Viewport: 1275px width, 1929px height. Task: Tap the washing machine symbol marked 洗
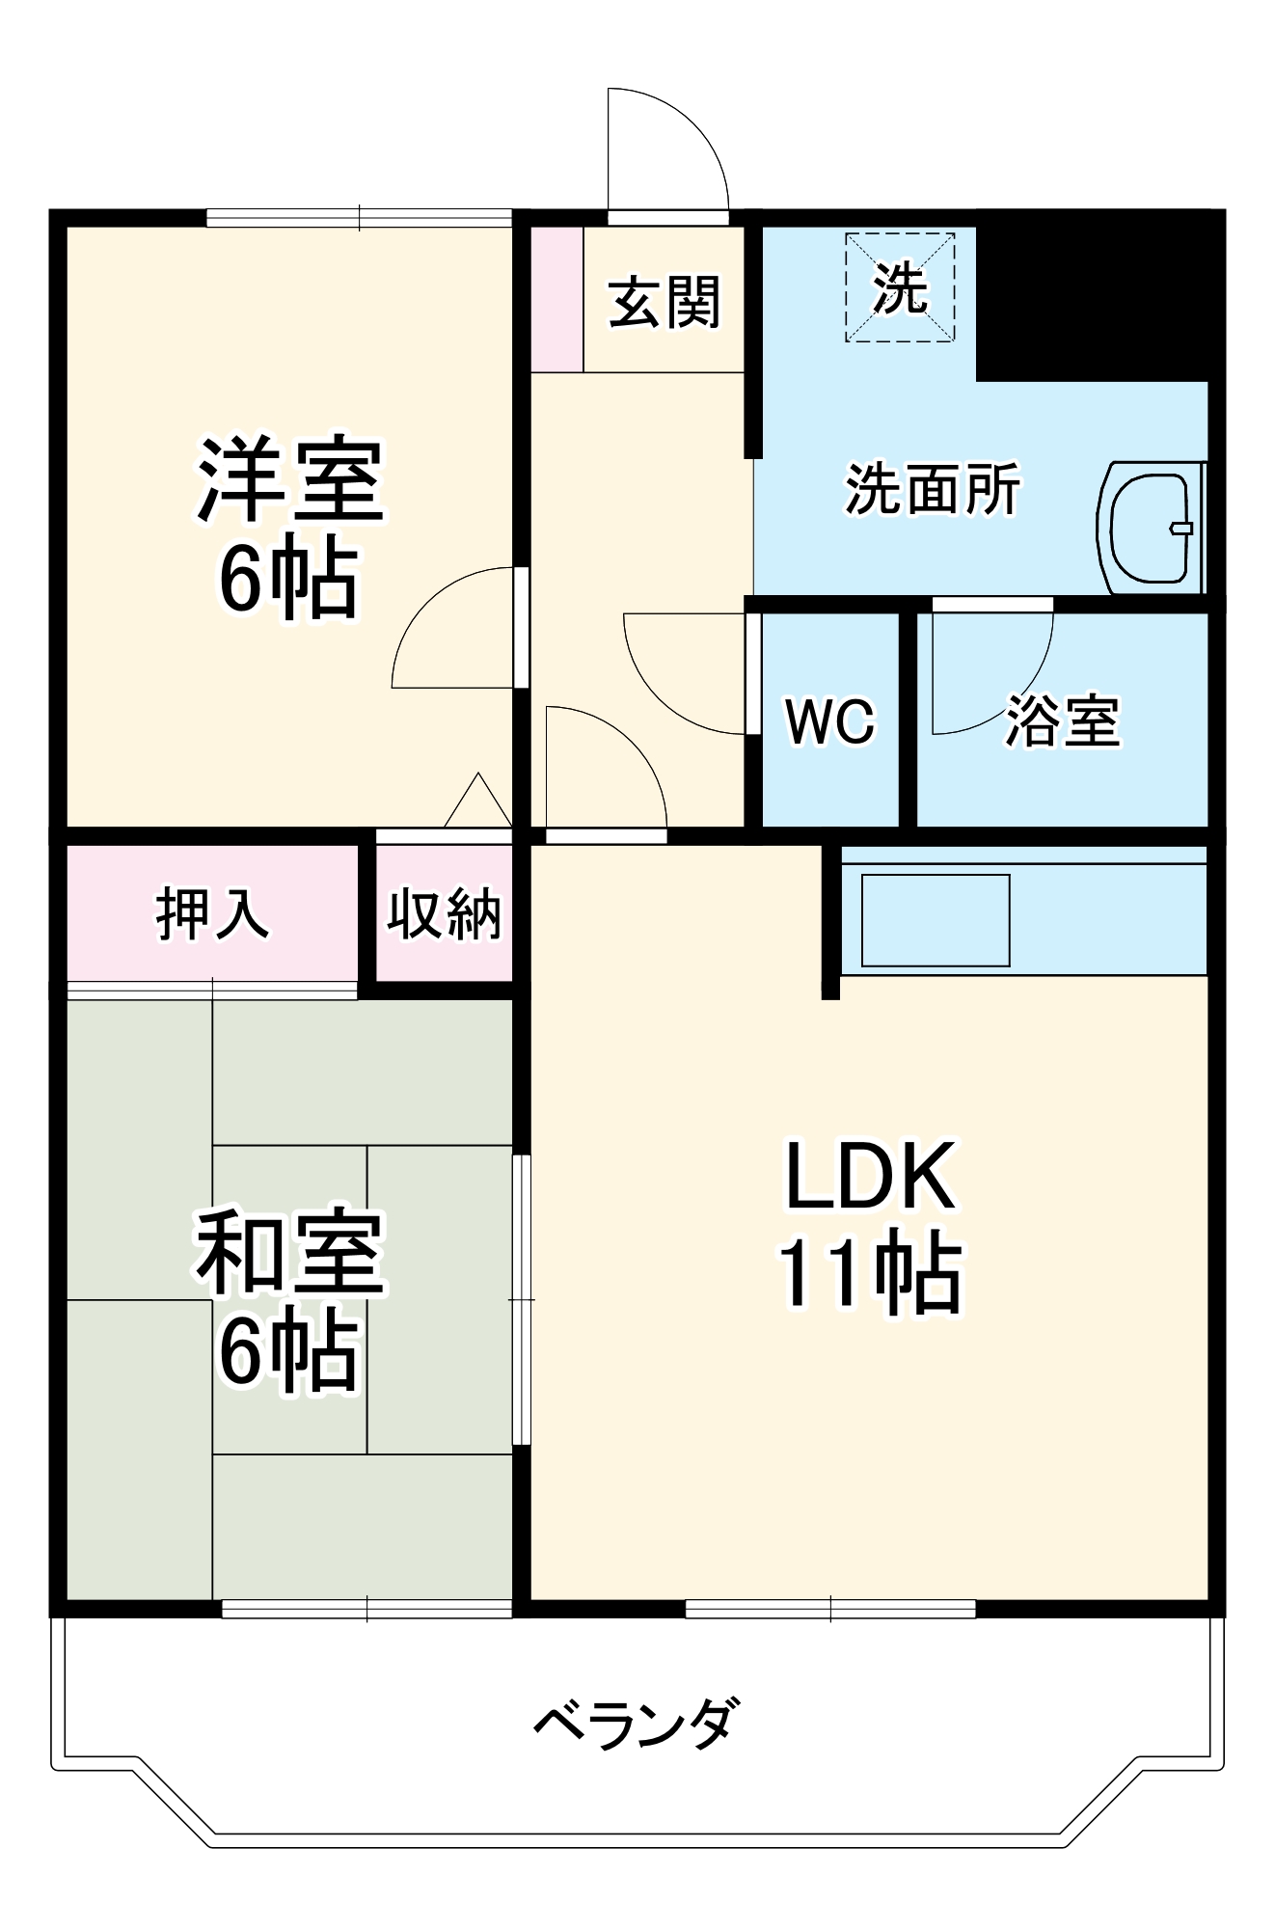pyautogui.click(x=900, y=287)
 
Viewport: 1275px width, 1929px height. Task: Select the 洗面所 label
pyautogui.click(x=932, y=489)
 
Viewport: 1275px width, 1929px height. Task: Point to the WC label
pyautogui.click(x=829, y=720)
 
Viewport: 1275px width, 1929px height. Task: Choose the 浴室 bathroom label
pyautogui.click(x=1063, y=720)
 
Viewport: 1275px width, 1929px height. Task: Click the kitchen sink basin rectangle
pyautogui.click(x=935, y=920)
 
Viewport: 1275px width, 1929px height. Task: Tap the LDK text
pyautogui.click(x=871, y=1176)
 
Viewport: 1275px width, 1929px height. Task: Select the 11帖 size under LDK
pyautogui.click(x=871, y=1273)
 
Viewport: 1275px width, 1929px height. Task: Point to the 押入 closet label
pyautogui.click(x=212, y=912)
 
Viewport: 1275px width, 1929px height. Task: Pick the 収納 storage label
pyautogui.click(x=444, y=913)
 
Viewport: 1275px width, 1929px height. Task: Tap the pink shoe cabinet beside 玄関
pyautogui.click(x=556, y=299)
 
